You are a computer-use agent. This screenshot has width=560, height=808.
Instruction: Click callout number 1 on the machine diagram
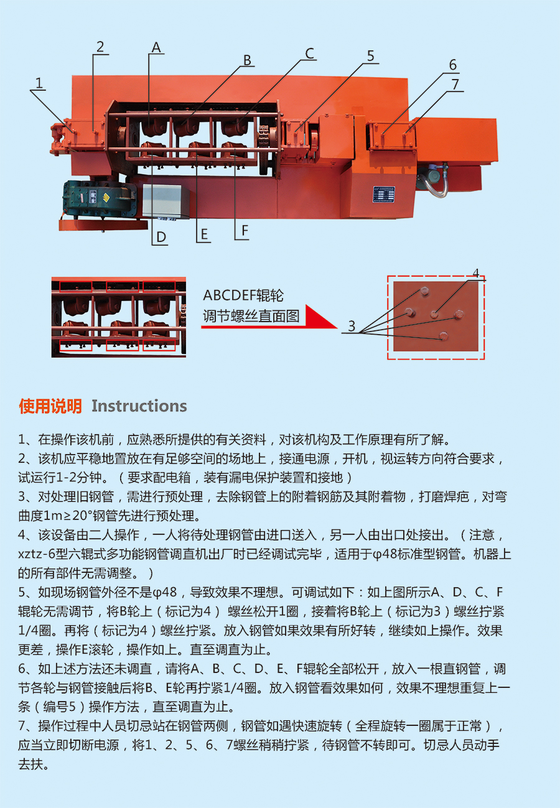tap(39, 83)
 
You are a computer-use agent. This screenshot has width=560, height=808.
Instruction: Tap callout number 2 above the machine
tap(100, 47)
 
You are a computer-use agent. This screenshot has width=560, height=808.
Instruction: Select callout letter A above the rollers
tap(156, 47)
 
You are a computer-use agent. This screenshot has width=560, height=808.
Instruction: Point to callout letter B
tap(247, 60)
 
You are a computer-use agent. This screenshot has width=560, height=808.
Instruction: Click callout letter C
tap(310, 53)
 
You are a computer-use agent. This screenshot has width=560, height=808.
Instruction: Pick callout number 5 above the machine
tap(371, 56)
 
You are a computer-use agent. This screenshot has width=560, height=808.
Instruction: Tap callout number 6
tap(453, 65)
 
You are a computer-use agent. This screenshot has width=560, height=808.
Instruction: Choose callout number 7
tap(455, 85)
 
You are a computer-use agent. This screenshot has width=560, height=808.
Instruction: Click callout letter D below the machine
tap(161, 237)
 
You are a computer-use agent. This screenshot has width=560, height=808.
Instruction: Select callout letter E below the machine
tap(204, 235)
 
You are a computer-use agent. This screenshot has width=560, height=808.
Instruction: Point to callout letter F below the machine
tap(245, 230)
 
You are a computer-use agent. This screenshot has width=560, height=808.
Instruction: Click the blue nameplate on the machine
tap(384, 195)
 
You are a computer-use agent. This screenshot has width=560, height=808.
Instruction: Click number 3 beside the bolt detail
tap(352, 327)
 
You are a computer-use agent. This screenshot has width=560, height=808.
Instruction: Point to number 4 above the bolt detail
tap(476, 273)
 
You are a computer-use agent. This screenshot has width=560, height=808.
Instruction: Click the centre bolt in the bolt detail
tap(435, 315)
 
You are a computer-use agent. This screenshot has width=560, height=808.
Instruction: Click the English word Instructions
tap(139, 406)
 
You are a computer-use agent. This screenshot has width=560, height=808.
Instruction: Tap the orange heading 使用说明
tap(50, 406)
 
